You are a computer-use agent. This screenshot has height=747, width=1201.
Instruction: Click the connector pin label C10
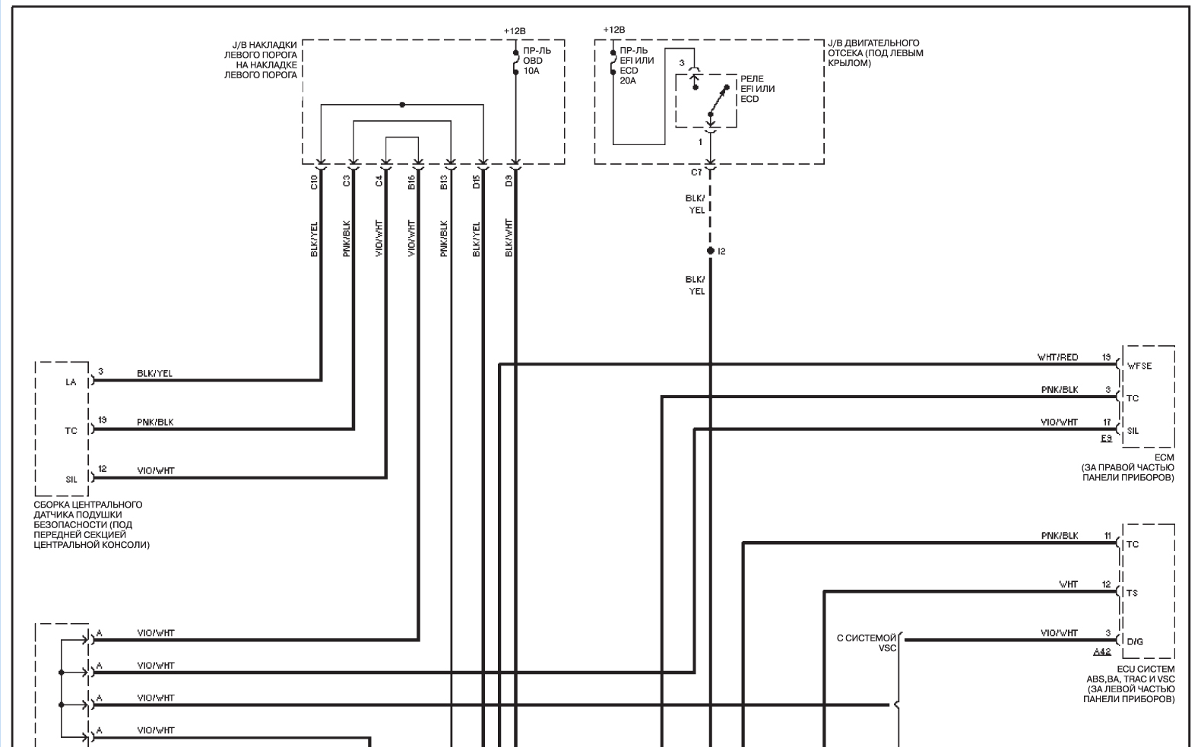[x=314, y=182]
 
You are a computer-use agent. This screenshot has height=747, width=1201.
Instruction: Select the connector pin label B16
[x=411, y=182]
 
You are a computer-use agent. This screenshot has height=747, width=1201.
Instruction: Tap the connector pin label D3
[x=509, y=181]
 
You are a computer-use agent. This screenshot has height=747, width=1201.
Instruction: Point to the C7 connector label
[x=696, y=173]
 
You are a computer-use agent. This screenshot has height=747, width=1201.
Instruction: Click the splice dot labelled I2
[x=711, y=251]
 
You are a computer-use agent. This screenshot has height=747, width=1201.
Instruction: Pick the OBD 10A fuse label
[x=537, y=61]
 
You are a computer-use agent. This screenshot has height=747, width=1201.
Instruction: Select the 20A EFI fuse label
[x=637, y=65]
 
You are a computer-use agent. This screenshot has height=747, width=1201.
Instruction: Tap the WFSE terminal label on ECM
[x=1139, y=366]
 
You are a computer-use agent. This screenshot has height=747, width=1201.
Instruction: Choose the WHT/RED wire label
[x=1057, y=357]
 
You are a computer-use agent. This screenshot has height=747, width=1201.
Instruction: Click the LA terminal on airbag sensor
[x=71, y=382]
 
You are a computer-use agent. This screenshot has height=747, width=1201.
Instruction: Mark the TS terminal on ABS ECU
[x=1132, y=593]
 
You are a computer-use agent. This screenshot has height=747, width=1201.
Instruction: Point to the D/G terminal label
[x=1135, y=641]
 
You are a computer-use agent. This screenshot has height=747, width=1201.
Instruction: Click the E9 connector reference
[x=1106, y=438]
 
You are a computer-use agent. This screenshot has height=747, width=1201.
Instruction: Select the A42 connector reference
[x=1102, y=651]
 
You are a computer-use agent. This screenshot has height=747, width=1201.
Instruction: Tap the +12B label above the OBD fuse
[x=514, y=31]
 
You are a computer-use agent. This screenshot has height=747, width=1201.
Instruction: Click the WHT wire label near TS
[x=1068, y=584]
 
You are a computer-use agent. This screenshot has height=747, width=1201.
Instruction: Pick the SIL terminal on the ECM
[x=1133, y=431]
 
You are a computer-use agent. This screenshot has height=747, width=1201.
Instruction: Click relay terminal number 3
[x=682, y=63]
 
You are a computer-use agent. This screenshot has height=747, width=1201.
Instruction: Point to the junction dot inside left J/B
[x=402, y=105]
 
